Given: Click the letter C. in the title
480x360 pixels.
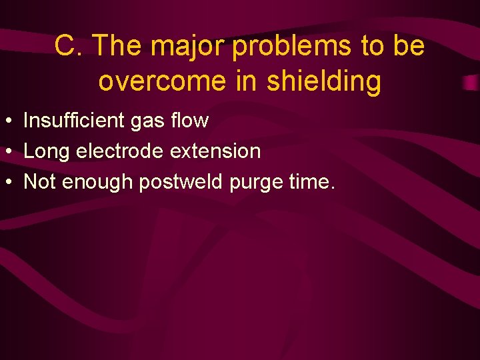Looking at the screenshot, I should (x=69, y=46).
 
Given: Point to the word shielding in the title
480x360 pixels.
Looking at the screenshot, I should (x=323, y=81).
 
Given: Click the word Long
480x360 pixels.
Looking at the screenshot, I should (x=47, y=151).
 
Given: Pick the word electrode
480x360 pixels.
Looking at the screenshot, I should (x=121, y=151).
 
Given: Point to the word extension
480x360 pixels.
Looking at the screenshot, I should (x=215, y=151).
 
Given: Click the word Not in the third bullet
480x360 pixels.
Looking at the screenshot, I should (x=40, y=182).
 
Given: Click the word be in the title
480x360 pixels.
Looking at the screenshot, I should (x=409, y=46).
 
